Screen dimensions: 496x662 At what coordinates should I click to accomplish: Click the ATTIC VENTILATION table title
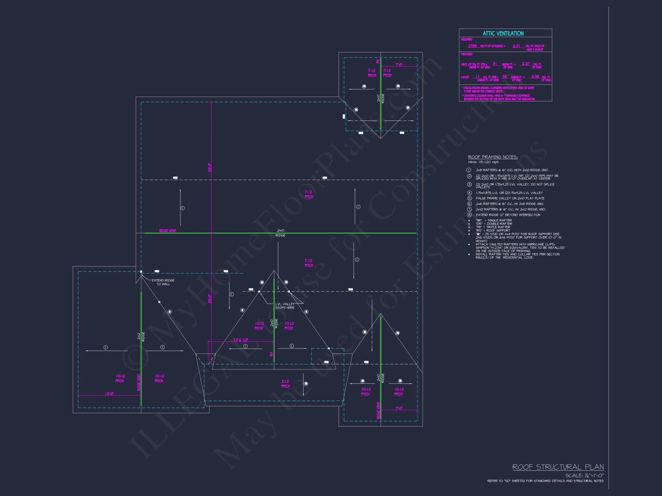click(503, 34)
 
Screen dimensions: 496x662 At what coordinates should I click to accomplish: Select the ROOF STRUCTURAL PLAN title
click(558, 467)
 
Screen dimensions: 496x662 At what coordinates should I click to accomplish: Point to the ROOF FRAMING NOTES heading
click(492, 157)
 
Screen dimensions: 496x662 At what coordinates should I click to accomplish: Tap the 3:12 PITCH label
click(285, 383)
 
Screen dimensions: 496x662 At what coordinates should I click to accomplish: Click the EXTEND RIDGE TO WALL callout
click(163, 282)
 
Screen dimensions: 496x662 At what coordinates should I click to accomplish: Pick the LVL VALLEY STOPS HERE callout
click(285, 306)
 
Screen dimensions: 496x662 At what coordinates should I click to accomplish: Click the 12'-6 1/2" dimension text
click(241, 340)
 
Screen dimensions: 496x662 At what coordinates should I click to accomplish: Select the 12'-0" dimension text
click(109, 394)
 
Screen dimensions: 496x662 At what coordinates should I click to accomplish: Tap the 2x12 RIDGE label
click(141, 337)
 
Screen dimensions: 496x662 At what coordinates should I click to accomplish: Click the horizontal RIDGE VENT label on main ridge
click(168, 231)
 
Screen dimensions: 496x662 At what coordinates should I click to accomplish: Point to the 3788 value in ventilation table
click(472, 46)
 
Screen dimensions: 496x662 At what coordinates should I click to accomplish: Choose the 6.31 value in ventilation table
click(516, 46)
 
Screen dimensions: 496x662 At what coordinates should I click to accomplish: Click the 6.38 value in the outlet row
click(535, 77)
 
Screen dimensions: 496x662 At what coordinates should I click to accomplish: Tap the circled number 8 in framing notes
click(469, 215)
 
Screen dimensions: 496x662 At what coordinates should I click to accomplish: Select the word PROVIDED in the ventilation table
click(467, 55)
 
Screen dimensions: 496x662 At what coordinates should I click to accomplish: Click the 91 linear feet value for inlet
click(495, 64)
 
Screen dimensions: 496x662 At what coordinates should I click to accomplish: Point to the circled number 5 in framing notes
click(469, 198)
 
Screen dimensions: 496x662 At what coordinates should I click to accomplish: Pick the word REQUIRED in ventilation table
click(467, 39)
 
